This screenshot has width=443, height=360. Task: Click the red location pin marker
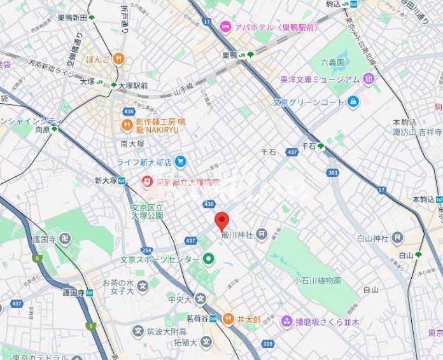click(221, 221)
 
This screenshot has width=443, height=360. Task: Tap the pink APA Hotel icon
click(225, 26)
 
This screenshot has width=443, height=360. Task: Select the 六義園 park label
click(332, 62)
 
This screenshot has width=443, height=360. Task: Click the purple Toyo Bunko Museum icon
click(369, 79)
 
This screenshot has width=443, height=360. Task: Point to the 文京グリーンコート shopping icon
click(353, 101)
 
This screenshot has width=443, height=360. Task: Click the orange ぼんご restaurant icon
click(118, 59)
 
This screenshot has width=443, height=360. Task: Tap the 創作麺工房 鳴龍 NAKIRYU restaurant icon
click(126, 125)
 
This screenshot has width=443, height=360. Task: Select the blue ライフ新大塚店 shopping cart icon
click(180, 162)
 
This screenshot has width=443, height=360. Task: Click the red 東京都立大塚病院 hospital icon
click(147, 182)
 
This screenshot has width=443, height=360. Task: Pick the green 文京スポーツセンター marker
click(208, 259)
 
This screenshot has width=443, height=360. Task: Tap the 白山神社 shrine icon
click(398, 239)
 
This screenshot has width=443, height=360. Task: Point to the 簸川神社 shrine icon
click(261, 235)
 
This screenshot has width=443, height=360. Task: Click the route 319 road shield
click(267, 344)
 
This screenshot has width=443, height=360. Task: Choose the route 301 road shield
click(333, 172)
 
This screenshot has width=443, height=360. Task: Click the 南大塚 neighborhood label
click(132, 144)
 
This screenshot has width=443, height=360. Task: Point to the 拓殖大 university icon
click(206, 342)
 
